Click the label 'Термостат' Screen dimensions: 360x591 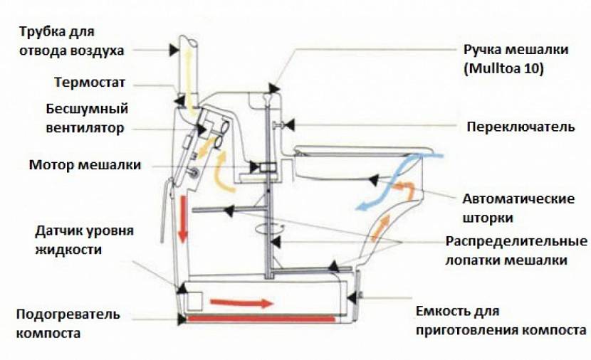pos(90,83)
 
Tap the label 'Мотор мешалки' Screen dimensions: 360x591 pos(85,165)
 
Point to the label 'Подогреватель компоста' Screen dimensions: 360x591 pos(68,323)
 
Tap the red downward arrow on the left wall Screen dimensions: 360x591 pos(183,217)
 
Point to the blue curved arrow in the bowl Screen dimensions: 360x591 pos(392,182)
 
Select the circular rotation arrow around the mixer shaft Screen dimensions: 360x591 pos(268,229)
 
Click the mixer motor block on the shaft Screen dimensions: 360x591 pos(267,168)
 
